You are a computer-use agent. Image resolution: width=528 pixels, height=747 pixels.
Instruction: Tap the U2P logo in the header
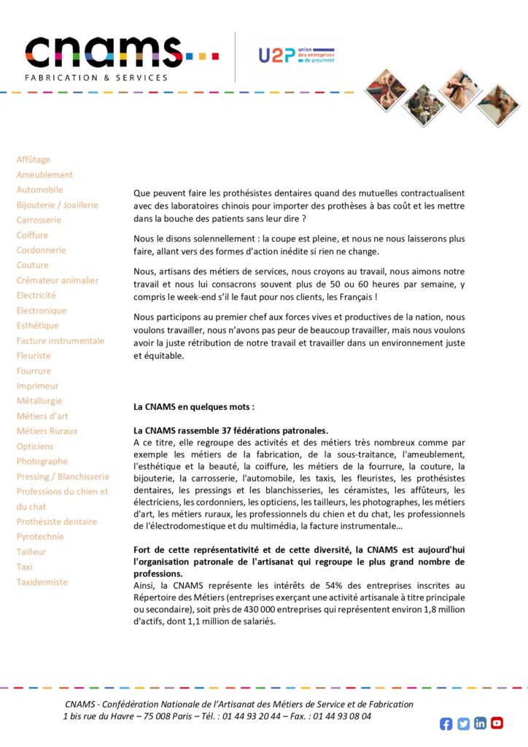(296, 55)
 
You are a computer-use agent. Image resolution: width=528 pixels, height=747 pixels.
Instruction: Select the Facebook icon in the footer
(446, 724)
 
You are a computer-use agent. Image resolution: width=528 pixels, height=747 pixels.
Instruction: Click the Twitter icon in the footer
(463, 724)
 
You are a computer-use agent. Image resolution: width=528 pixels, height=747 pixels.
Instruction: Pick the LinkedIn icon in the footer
(480, 723)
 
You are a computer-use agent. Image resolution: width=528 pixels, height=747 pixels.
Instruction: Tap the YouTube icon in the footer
(497, 723)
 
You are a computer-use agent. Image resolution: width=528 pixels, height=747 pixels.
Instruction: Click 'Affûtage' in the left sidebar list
(34, 160)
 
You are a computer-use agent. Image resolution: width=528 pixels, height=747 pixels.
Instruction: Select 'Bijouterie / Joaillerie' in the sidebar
(58, 205)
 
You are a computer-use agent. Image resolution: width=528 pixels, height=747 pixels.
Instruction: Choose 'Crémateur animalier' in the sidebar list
(58, 280)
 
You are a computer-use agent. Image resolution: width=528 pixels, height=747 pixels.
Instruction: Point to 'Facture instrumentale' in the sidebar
(61, 341)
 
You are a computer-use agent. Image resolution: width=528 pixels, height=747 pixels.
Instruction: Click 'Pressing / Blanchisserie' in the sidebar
(63, 476)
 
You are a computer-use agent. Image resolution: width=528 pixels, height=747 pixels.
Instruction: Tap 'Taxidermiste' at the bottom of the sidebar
(42, 582)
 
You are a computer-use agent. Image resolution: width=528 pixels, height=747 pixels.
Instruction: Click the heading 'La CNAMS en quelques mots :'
(194, 406)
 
